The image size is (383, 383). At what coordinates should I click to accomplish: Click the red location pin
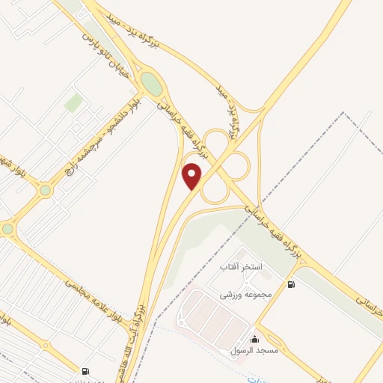pyautogui.click(x=192, y=176)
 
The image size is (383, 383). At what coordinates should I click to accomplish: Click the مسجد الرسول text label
pyautogui.click(x=257, y=350)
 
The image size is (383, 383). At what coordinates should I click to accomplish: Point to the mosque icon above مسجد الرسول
pyautogui.click(x=254, y=338)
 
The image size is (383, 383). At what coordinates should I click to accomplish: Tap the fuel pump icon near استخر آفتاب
pyautogui.click(x=290, y=284)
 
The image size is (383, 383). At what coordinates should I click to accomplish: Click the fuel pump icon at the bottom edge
pyautogui.click(x=85, y=370)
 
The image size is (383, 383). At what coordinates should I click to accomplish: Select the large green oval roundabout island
pyautogui.click(x=151, y=83)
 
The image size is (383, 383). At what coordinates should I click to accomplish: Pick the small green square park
pyautogui.click(x=73, y=102)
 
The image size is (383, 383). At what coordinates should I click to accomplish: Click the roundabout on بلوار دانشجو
pyautogui.click(x=46, y=190)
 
